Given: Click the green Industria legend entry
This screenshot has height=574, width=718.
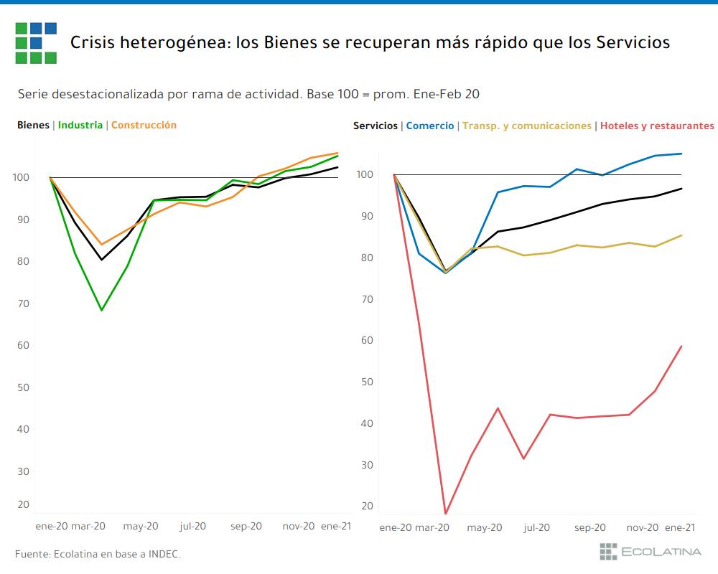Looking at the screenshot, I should (x=80, y=125).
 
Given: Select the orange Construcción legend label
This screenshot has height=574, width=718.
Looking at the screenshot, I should (x=144, y=125).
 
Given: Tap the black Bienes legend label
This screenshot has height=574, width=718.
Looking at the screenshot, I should (x=33, y=125).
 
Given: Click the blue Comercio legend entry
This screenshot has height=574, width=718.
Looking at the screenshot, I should (x=430, y=126).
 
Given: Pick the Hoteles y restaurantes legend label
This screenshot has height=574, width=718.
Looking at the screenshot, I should (x=657, y=126).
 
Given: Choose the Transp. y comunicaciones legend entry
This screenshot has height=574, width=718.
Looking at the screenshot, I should (x=527, y=126).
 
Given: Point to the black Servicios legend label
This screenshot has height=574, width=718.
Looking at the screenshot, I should (x=375, y=126).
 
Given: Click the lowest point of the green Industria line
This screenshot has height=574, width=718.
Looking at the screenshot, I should (x=101, y=310).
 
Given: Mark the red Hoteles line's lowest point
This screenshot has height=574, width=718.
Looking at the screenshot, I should (x=446, y=513).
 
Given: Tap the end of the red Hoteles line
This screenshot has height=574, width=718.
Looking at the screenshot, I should (x=681, y=347).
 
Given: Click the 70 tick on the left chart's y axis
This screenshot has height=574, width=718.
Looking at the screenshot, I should (x=24, y=304).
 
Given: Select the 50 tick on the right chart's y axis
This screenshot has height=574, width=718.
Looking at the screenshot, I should (x=368, y=382).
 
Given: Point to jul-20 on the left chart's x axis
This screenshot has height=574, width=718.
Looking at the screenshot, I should (x=193, y=526).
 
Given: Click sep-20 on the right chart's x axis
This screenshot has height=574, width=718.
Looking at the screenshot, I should (x=590, y=527).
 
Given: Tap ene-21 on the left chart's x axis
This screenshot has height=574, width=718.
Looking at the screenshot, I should (x=335, y=526).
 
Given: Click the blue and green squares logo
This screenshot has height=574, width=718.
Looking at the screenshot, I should (x=35, y=42).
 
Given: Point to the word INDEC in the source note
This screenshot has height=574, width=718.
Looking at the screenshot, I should (x=163, y=554).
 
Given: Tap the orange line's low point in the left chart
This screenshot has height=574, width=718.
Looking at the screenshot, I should (x=101, y=245).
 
